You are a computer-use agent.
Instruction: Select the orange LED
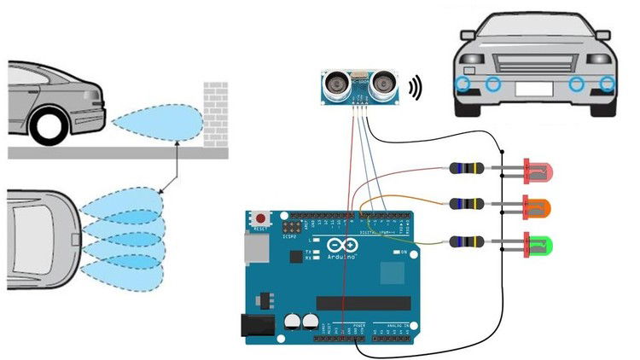point(540,207)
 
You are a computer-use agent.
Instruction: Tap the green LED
point(540,247)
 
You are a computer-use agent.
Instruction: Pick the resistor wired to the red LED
point(467,169)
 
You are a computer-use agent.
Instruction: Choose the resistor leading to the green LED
point(467,241)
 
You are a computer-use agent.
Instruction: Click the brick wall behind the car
point(215,113)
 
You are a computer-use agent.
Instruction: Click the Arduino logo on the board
point(338,247)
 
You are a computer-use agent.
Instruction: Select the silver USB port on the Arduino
point(253,248)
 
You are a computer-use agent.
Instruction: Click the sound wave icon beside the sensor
point(416,88)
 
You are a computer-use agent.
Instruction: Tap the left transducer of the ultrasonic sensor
point(336,84)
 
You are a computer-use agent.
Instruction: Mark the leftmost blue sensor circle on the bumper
point(462,83)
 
